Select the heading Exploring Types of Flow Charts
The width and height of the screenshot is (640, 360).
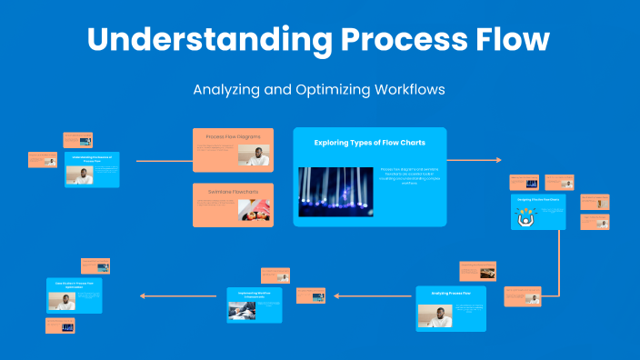coord(369,143)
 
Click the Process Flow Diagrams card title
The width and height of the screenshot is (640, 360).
coord(233,137)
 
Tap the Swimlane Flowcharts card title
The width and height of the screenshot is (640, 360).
coord(233,192)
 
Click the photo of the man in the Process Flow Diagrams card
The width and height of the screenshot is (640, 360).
coord(255,157)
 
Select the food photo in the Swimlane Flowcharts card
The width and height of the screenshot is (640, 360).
coord(254,211)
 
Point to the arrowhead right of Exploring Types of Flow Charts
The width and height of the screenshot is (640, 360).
coord(497,160)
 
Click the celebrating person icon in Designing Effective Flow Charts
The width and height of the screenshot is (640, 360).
coord(526,216)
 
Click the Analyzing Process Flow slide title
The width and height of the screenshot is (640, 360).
coord(451,294)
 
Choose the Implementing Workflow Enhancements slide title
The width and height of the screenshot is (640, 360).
coord(255,295)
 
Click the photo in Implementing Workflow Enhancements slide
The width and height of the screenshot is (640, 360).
coord(242,309)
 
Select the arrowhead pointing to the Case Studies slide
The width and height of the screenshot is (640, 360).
coord(141,295)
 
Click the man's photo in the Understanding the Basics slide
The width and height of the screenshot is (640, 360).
coord(83,175)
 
